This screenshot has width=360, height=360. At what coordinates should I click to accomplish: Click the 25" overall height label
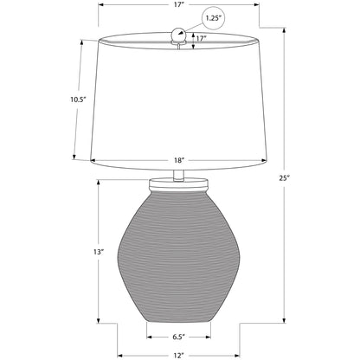pos(284,178)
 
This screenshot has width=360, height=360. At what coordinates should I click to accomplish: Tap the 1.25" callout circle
pos(213,18)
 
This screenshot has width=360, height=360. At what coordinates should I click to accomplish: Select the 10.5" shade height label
pos(79,100)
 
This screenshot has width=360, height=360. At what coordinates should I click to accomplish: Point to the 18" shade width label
pos(179,160)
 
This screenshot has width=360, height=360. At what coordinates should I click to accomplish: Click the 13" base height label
pos(99,252)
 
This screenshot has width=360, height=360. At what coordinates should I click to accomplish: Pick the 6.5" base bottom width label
pos(179,337)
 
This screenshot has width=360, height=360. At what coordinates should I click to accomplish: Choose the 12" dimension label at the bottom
pos(179,356)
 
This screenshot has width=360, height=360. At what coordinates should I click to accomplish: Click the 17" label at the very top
pos(179,4)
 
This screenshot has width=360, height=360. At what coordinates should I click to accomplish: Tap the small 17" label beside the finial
pos(202,38)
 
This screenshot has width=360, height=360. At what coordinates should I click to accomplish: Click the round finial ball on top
pos(179,35)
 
